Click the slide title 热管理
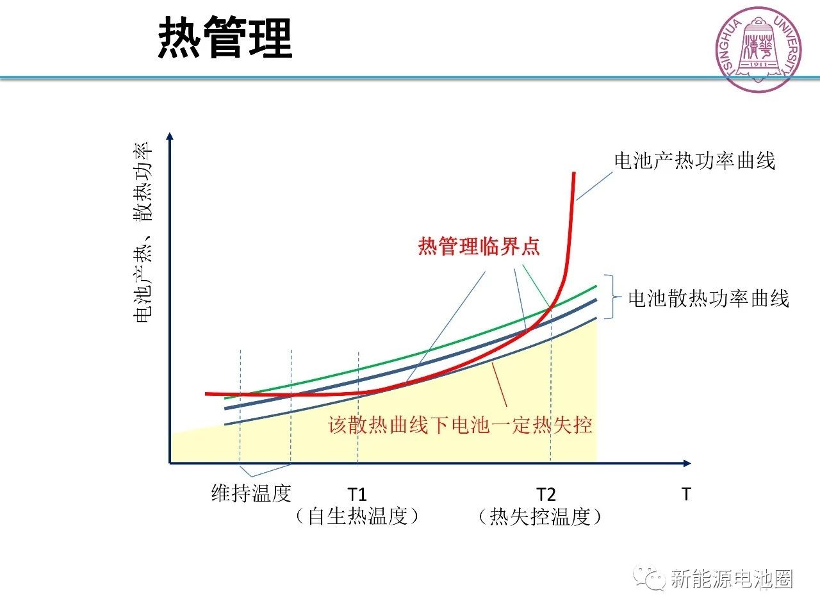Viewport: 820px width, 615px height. [225, 39]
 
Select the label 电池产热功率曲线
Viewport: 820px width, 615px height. [694, 161]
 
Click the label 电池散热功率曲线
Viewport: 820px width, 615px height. [708, 299]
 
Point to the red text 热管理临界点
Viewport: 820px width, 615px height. [479, 247]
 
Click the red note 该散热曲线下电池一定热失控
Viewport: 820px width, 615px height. [460, 425]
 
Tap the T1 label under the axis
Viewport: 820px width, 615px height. [357, 495]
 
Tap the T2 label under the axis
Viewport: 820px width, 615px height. [546, 495]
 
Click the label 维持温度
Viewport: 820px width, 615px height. [251, 493]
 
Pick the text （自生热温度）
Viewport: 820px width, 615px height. [357, 516]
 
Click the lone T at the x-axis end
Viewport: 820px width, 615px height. [686, 495]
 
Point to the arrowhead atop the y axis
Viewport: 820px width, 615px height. [170, 136]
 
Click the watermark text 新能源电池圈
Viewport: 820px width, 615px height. [732, 579]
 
